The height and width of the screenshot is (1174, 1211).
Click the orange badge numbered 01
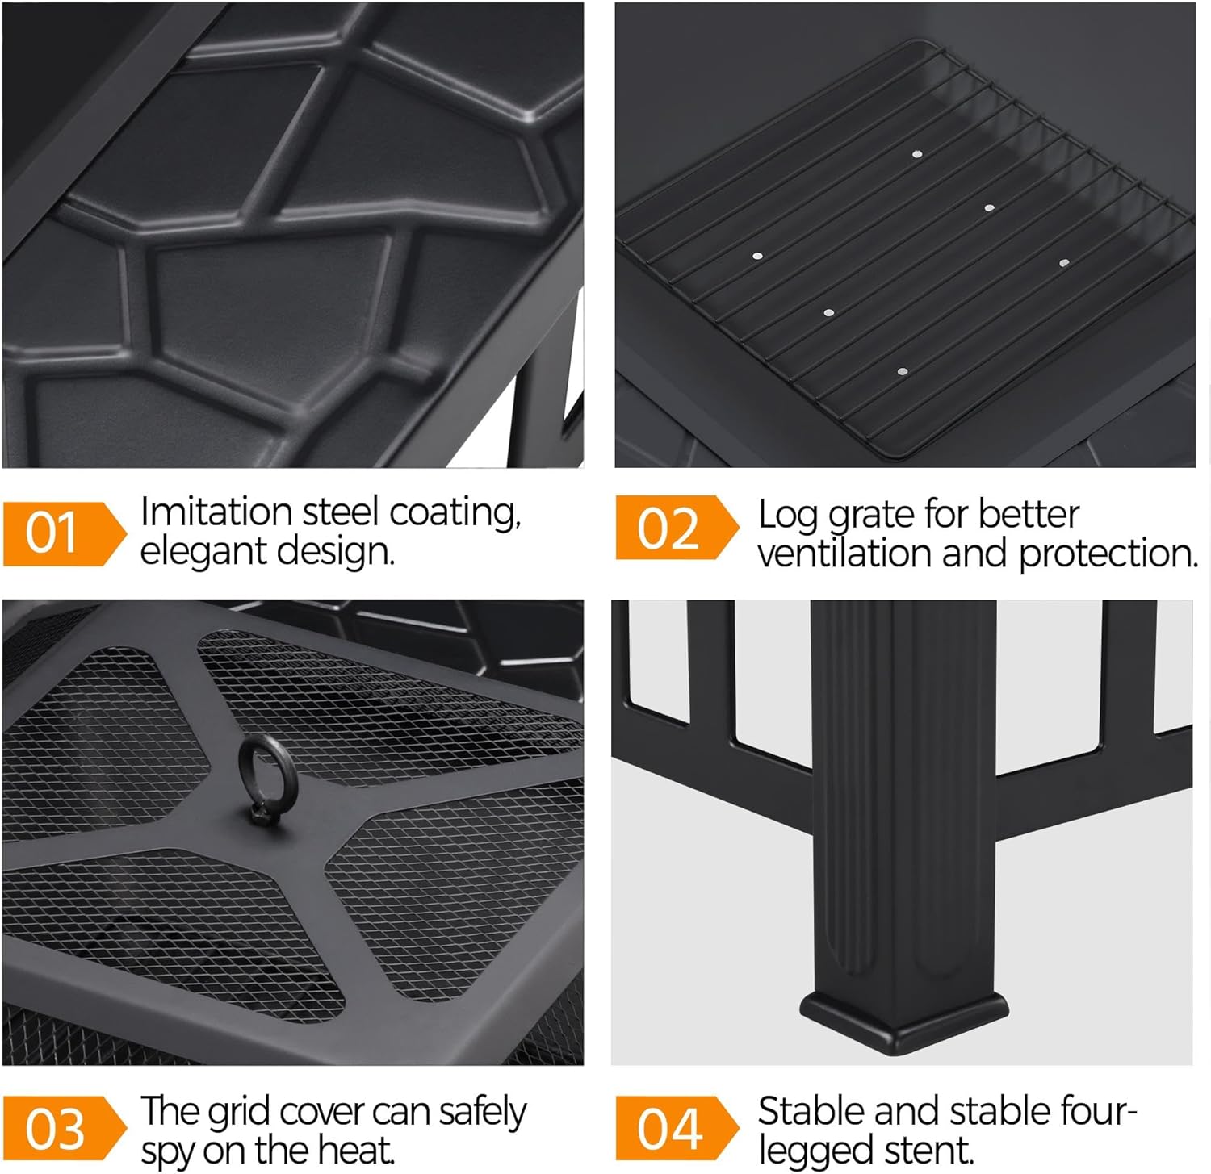(63, 533)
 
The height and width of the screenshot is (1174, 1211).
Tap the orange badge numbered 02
(677, 528)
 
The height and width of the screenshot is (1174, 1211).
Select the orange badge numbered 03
(63, 1128)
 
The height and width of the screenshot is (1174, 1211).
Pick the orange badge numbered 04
(677, 1128)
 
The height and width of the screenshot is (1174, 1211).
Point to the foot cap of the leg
(903, 1018)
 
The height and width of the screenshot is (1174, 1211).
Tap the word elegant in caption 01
(203, 553)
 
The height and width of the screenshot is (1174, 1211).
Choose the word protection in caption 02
(1108, 554)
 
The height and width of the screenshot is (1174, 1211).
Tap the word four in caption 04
(1096, 1112)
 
